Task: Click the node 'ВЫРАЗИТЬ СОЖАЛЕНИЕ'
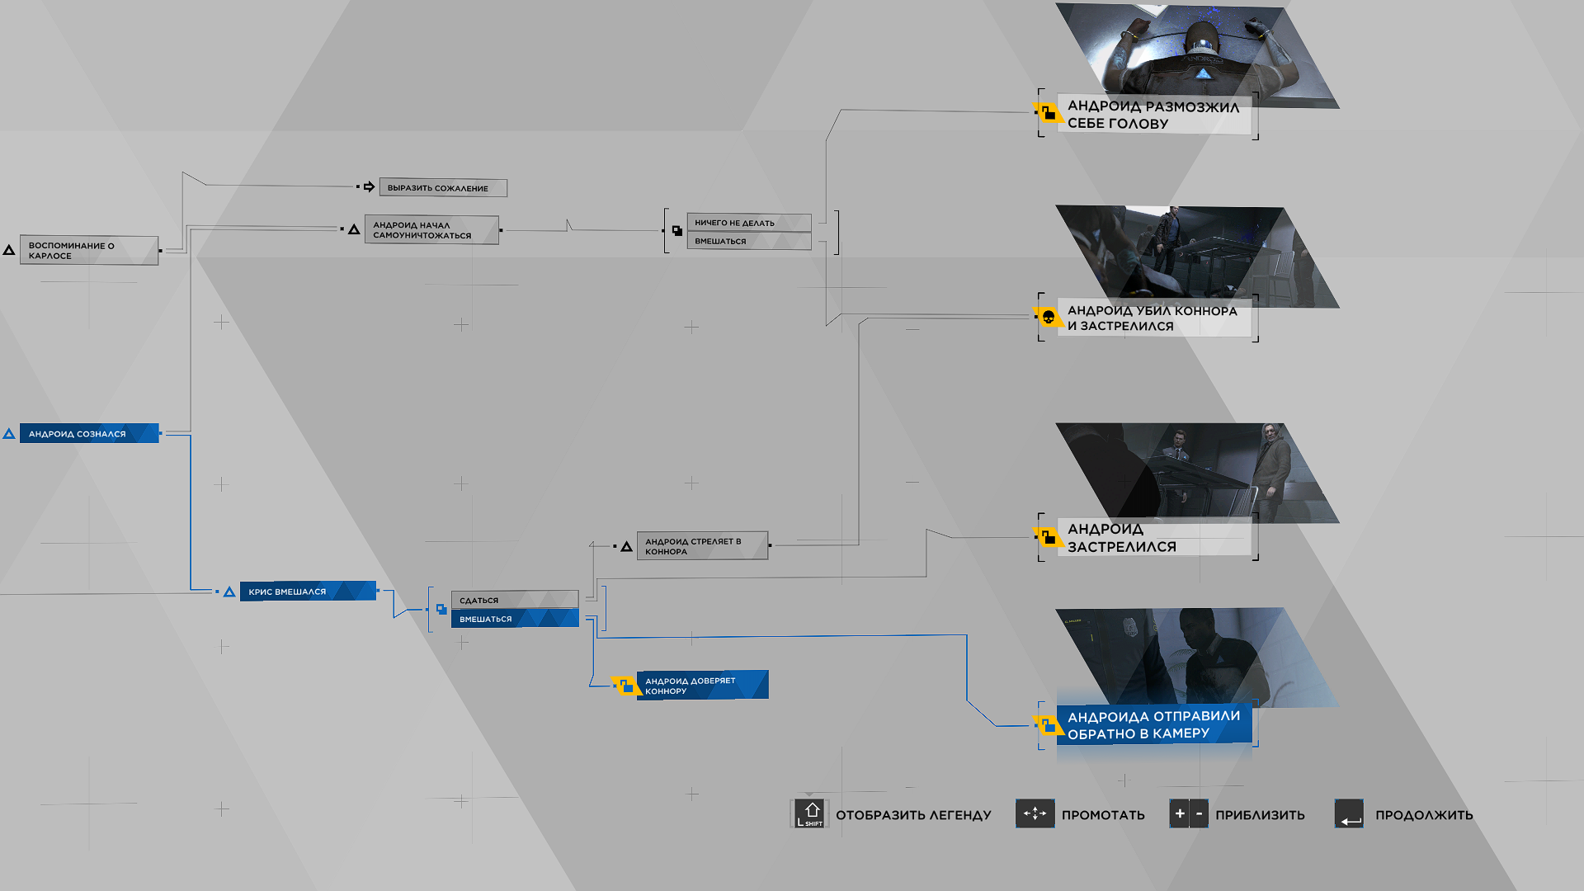pyautogui.click(x=443, y=188)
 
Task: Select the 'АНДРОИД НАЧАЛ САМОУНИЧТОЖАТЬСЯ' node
pyautogui.click(x=431, y=230)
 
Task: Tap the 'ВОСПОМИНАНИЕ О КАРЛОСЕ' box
pyautogui.click(x=89, y=251)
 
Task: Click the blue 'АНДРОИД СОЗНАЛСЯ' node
pyautogui.click(x=89, y=434)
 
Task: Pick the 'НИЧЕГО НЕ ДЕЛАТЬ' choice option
pyautogui.click(x=749, y=223)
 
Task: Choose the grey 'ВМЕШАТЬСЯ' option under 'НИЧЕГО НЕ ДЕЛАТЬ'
pyautogui.click(x=749, y=241)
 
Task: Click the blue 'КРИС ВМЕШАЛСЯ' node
pyautogui.click(x=308, y=592)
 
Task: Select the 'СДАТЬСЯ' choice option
pyautogui.click(x=515, y=600)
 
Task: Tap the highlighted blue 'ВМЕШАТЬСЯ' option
pyautogui.click(x=515, y=619)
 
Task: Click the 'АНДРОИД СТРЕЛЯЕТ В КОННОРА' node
pyautogui.click(x=702, y=546)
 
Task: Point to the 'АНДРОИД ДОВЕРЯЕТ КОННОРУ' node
pyautogui.click(x=702, y=686)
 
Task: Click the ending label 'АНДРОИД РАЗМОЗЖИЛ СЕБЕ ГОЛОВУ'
pyautogui.click(x=1154, y=115)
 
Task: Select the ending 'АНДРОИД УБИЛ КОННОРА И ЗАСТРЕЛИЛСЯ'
pyautogui.click(x=1154, y=318)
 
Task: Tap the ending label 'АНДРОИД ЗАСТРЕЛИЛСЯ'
pyautogui.click(x=1154, y=538)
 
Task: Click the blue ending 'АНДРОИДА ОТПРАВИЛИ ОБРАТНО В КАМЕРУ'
pyautogui.click(x=1154, y=724)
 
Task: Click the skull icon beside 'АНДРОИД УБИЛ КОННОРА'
pyautogui.click(x=1048, y=317)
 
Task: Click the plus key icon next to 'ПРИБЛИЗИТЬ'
pyautogui.click(x=1180, y=814)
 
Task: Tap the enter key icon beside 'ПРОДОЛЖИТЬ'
pyautogui.click(x=1349, y=814)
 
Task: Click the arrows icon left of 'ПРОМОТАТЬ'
pyautogui.click(x=1035, y=814)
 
